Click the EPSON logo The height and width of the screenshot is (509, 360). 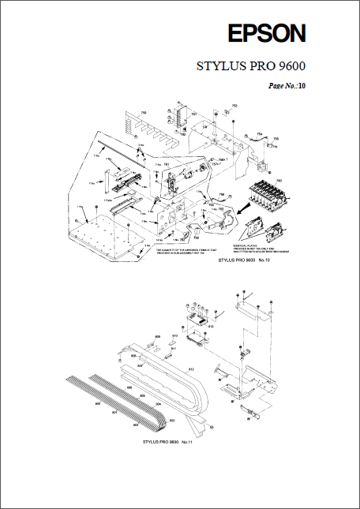(x=266, y=33)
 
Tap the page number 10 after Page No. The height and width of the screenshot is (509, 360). (x=301, y=84)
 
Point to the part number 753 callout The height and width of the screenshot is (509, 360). (x=234, y=105)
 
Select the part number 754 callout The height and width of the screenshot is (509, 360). (x=260, y=134)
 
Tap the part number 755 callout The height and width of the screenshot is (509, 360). (x=276, y=139)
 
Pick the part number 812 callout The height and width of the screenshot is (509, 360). (x=190, y=369)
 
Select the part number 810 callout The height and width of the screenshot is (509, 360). (x=174, y=337)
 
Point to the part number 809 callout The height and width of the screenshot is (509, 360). (x=158, y=337)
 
